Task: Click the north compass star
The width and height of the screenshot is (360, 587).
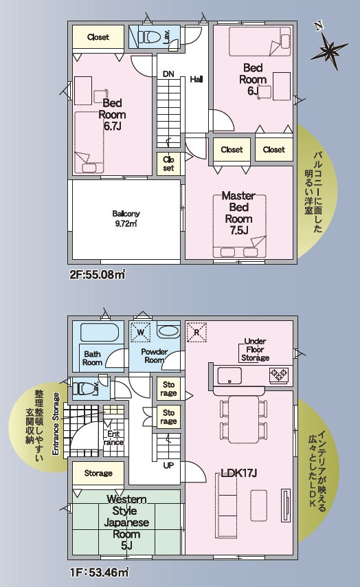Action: pos(329,49)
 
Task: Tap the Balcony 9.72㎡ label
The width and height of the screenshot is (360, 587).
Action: pos(126,219)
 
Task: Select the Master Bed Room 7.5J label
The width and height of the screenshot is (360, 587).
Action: pos(239,213)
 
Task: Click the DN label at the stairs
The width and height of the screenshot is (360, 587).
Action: pos(168,74)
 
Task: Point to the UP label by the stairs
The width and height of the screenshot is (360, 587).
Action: pos(168,465)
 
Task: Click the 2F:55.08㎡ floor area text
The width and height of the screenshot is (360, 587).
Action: pos(98,275)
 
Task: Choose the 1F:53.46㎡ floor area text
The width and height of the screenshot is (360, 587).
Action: pos(100,572)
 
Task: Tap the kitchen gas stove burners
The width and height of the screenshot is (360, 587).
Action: pos(279,374)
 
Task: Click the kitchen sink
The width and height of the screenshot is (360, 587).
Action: pos(229,375)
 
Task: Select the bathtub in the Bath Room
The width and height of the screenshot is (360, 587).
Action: pos(100,332)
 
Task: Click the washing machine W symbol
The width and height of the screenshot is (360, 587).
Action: pos(141,332)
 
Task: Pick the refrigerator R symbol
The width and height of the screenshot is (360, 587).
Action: pos(196,332)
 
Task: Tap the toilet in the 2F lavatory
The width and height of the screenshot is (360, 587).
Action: pos(150,36)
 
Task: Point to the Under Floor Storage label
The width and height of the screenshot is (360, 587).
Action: pos(255,350)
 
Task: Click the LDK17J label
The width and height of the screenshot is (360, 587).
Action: pos(239,473)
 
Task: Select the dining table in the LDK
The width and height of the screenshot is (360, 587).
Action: pos(244,419)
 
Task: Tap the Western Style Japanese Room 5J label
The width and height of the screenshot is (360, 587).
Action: pos(126,522)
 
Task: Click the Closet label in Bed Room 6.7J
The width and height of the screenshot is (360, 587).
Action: pos(98,37)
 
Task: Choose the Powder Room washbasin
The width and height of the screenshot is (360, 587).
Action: pos(168,332)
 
